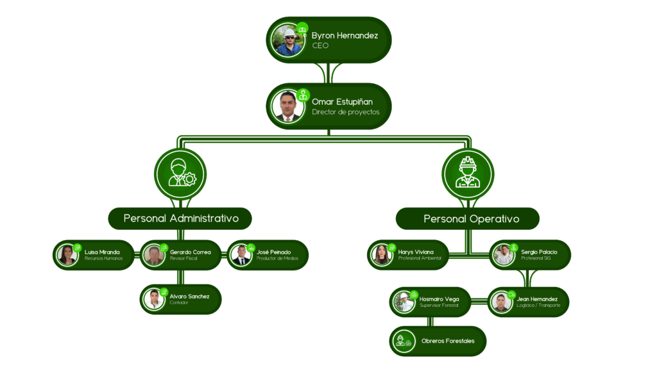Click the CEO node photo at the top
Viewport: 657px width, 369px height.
[287, 40]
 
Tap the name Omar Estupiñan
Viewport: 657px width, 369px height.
[342, 102]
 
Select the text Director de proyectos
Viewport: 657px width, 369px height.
[345, 112]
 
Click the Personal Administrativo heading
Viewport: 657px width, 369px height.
[181, 218]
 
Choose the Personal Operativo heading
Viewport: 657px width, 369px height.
[471, 219]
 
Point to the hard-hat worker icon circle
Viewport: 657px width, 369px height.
[467, 173]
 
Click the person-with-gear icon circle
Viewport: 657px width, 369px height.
[180, 173]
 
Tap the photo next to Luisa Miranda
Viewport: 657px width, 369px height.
[67, 255]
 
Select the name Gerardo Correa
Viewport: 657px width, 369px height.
[190, 252]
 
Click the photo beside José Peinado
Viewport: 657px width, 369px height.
[241, 255]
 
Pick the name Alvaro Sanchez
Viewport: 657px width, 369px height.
[189, 296]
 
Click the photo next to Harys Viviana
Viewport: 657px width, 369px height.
[381, 255]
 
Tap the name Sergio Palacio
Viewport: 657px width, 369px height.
[539, 252]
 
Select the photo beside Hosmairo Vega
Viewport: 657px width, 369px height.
[404, 302]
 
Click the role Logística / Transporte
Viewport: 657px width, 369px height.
[538, 306]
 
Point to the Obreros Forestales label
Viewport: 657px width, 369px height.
[448, 341]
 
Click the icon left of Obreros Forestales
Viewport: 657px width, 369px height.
[405, 341]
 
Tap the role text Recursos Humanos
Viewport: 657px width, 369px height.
[103, 258]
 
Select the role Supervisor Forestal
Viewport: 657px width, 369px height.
[439, 306]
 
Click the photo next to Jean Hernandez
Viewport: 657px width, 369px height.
[501, 302]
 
